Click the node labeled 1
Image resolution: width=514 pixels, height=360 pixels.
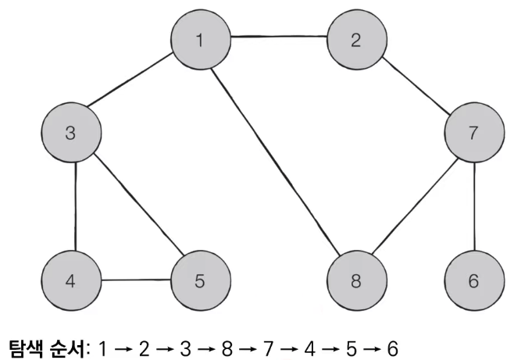(x=201, y=40)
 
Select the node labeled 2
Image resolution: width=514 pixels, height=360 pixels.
(x=355, y=41)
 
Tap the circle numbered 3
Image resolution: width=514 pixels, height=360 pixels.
(x=71, y=133)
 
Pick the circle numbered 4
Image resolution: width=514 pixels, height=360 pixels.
(x=71, y=280)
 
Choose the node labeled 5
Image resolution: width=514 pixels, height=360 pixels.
(x=200, y=280)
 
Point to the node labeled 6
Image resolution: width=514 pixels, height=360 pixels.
(x=473, y=280)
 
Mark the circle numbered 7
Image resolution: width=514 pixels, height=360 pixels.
(x=473, y=133)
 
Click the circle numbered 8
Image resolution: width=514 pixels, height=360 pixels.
(x=355, y=280)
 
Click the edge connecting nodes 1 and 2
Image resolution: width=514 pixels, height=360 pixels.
(x=278, y=37)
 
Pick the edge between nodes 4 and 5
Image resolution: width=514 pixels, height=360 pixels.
(x=135, y=280)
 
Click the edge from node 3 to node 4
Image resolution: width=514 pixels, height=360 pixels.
(x=74, y=206)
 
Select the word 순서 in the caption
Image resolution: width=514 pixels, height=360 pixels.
(x=70, y=344)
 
